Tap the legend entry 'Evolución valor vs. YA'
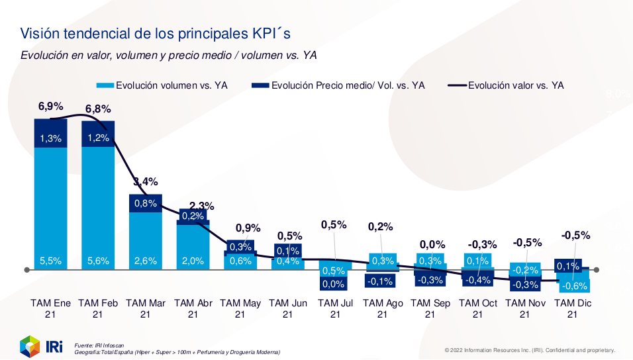click(x=516, y=85)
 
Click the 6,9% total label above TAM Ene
click(x=50, y=106)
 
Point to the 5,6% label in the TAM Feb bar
click(x=98, y=261)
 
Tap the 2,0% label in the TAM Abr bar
click(x=193, y=261)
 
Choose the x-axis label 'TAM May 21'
click(x=240, y=309)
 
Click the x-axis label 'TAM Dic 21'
click(x=573, y=309)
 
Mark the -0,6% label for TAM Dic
click(x=573, y=286)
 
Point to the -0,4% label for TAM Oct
click(x=477, y=281)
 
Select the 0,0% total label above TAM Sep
click(x=432, y=244)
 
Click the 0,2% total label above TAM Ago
click(x=381, y=226)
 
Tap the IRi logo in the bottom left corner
click(x=40, y=345)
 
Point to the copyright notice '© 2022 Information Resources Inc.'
click(x=530, y=350)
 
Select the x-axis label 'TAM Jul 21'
click(x=335, y=309)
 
